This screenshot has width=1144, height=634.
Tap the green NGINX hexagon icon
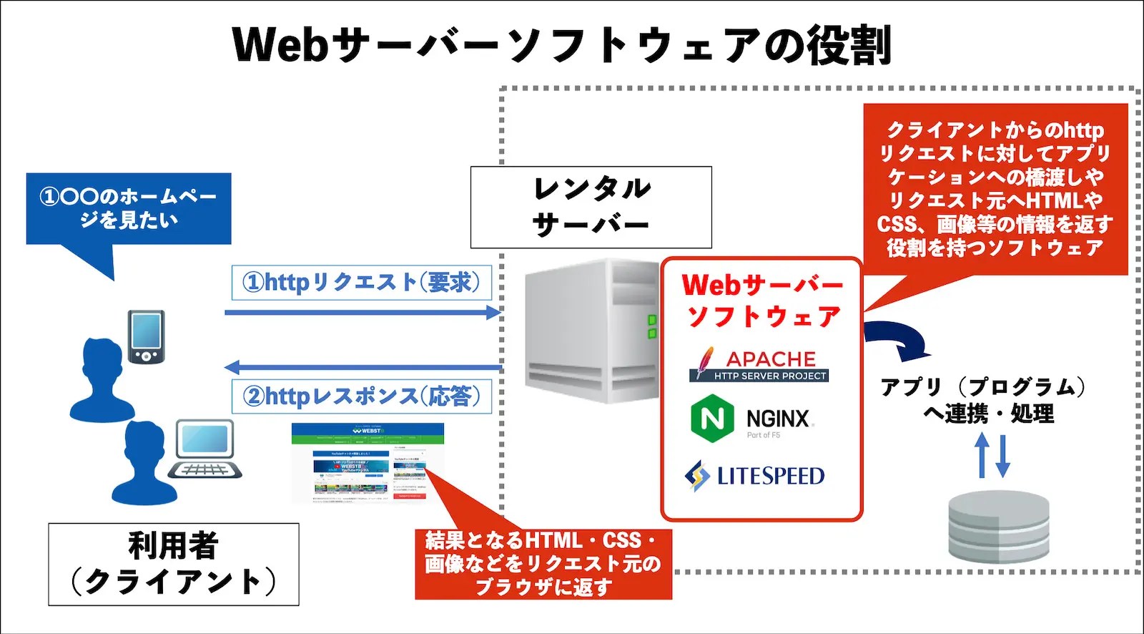click(712, 418)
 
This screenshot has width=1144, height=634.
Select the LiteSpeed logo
click(755, 475)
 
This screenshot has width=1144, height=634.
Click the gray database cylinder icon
click(998, 526)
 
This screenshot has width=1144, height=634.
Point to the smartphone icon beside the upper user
click(146, 336)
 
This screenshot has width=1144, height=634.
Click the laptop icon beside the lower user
click(205, 449)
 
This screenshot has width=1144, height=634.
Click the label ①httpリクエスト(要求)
click(362, 283)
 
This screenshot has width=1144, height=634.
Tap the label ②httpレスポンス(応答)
click(362, 396)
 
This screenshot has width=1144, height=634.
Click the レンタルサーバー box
click(591, 207)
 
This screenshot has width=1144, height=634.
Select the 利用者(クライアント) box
click(174, 565)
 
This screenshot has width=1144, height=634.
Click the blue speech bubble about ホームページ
click(129, 208)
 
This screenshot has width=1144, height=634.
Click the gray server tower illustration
click(591, 331)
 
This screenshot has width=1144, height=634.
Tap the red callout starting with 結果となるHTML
click(543, 564)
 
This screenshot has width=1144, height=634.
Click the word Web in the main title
click(280, 44)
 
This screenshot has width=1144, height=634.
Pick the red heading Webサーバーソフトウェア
click(762, 301)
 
